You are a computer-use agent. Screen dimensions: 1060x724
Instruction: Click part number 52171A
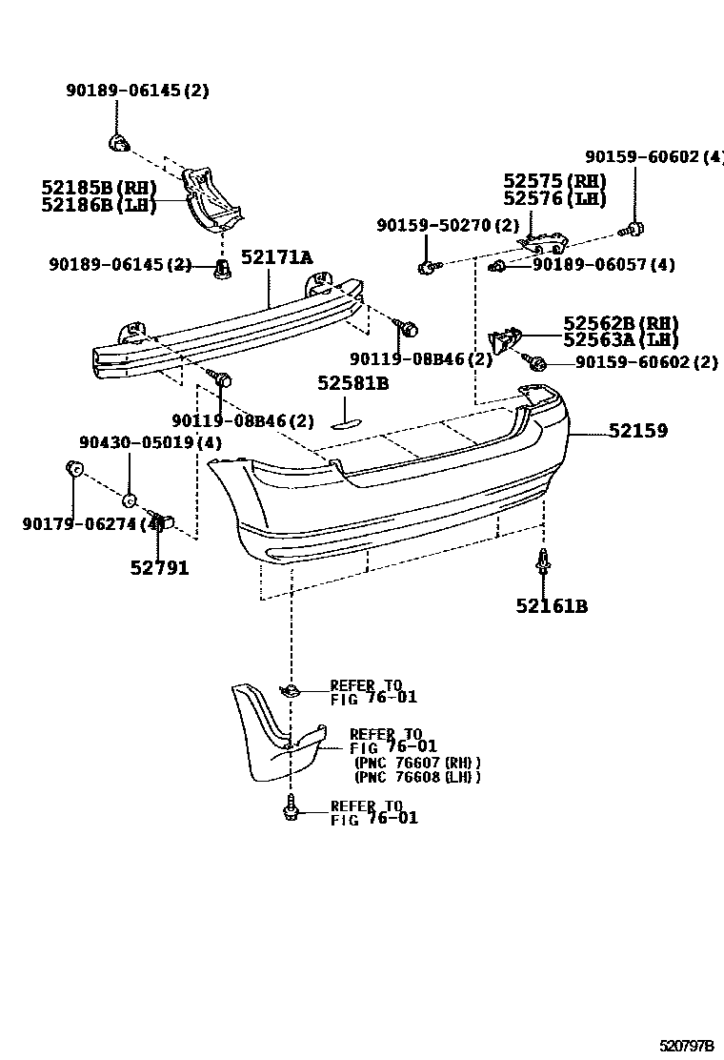click(x=276, y=257)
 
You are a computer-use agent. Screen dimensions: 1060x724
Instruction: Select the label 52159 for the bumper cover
click(x=638, y=431)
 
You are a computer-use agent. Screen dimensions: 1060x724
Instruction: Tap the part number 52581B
click(x=353, y=383)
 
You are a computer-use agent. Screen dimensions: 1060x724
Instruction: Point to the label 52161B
click(x=552, y=605)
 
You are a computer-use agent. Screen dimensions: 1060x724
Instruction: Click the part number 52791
click(x=159, y=568)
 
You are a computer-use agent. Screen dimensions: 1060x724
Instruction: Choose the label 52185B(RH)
click(x=99, y=188)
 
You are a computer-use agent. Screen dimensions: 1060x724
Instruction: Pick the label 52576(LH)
click(x=554, y=198)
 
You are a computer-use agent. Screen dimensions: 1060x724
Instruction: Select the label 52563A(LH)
click(x=620, y=340)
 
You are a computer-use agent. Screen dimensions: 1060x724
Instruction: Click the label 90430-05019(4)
click(x=150, y=442)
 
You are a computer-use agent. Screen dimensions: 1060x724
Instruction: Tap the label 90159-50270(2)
click(x=447, y=226)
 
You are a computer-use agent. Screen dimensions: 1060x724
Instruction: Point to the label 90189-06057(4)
click(x=603, y=265)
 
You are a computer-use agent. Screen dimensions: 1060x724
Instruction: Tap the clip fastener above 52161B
click(x=543, y=561)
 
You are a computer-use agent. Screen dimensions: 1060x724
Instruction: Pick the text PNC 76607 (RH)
click(x=416, y=763)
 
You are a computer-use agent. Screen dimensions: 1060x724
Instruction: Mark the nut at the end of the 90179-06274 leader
click(x=72, y=467)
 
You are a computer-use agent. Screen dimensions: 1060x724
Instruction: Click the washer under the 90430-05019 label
click(x=130, y=499)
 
